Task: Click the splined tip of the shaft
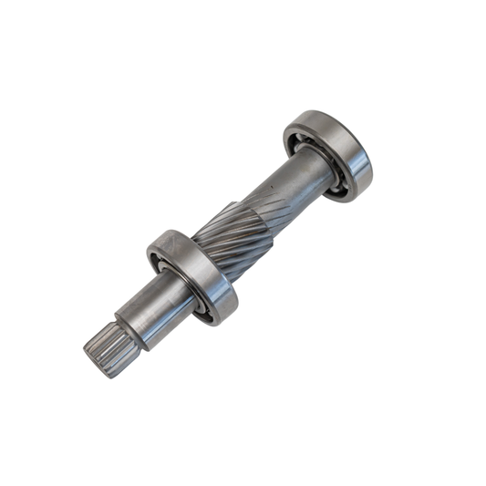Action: [x=101, y=347]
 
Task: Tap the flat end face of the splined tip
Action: [x=92, y=357]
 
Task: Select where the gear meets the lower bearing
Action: [x=206, y=255]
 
